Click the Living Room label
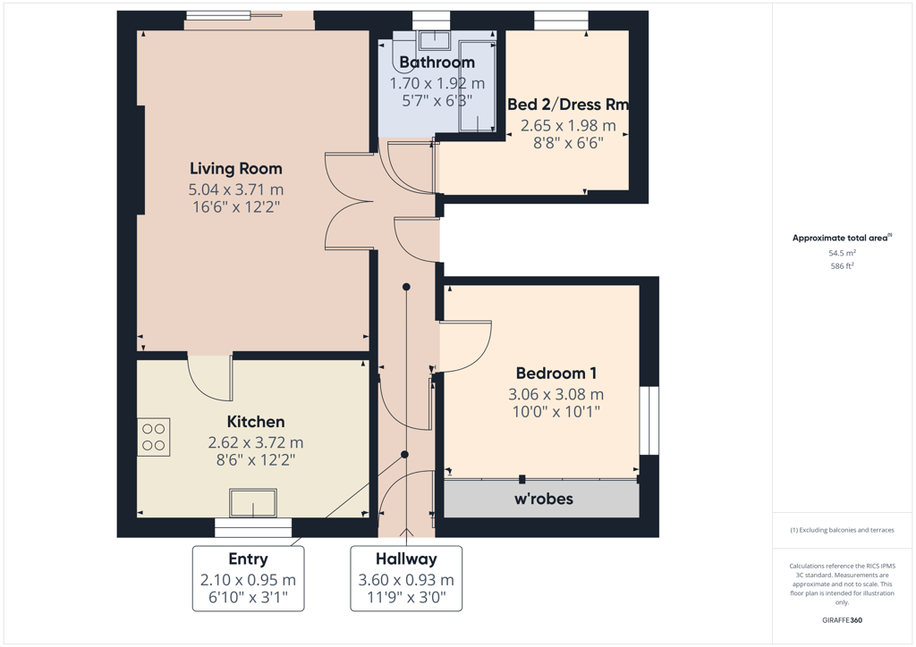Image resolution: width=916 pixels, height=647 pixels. (x=236, y=169)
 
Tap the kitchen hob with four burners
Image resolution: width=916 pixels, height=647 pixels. (x=154, y=437)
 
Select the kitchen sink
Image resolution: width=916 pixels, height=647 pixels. (x=253, y=503)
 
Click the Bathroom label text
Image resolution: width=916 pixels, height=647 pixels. (x=437, y=63)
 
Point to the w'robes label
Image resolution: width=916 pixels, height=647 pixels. (x=543, y=499)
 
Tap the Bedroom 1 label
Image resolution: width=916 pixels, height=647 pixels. (x=556, y=374)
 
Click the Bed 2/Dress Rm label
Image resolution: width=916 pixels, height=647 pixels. (x=568, y=105)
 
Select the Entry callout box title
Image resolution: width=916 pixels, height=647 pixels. (x=249, y=559)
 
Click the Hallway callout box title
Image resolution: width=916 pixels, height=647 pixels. (x=406, y=559)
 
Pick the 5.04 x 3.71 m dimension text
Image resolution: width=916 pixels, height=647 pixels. (x=236, y=189)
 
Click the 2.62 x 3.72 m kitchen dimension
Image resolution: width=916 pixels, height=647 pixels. (x=256, y=442)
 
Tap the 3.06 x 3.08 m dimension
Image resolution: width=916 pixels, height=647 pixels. (x=556, y=394)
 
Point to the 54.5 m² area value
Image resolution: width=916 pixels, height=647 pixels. (x=842, y=253)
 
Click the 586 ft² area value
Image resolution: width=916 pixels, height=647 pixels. (x=842, y=266)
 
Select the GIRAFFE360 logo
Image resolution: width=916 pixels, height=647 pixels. (x=842, y=620)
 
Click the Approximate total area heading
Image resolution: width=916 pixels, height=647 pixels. (x=842, y=238)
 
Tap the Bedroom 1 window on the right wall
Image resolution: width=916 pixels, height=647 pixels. (x=649, y=420)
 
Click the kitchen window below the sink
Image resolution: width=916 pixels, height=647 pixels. (x=253, y=528)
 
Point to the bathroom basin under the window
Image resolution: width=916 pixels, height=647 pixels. (x=434, y=39)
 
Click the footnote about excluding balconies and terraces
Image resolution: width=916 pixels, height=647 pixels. (x=842, y=530)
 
